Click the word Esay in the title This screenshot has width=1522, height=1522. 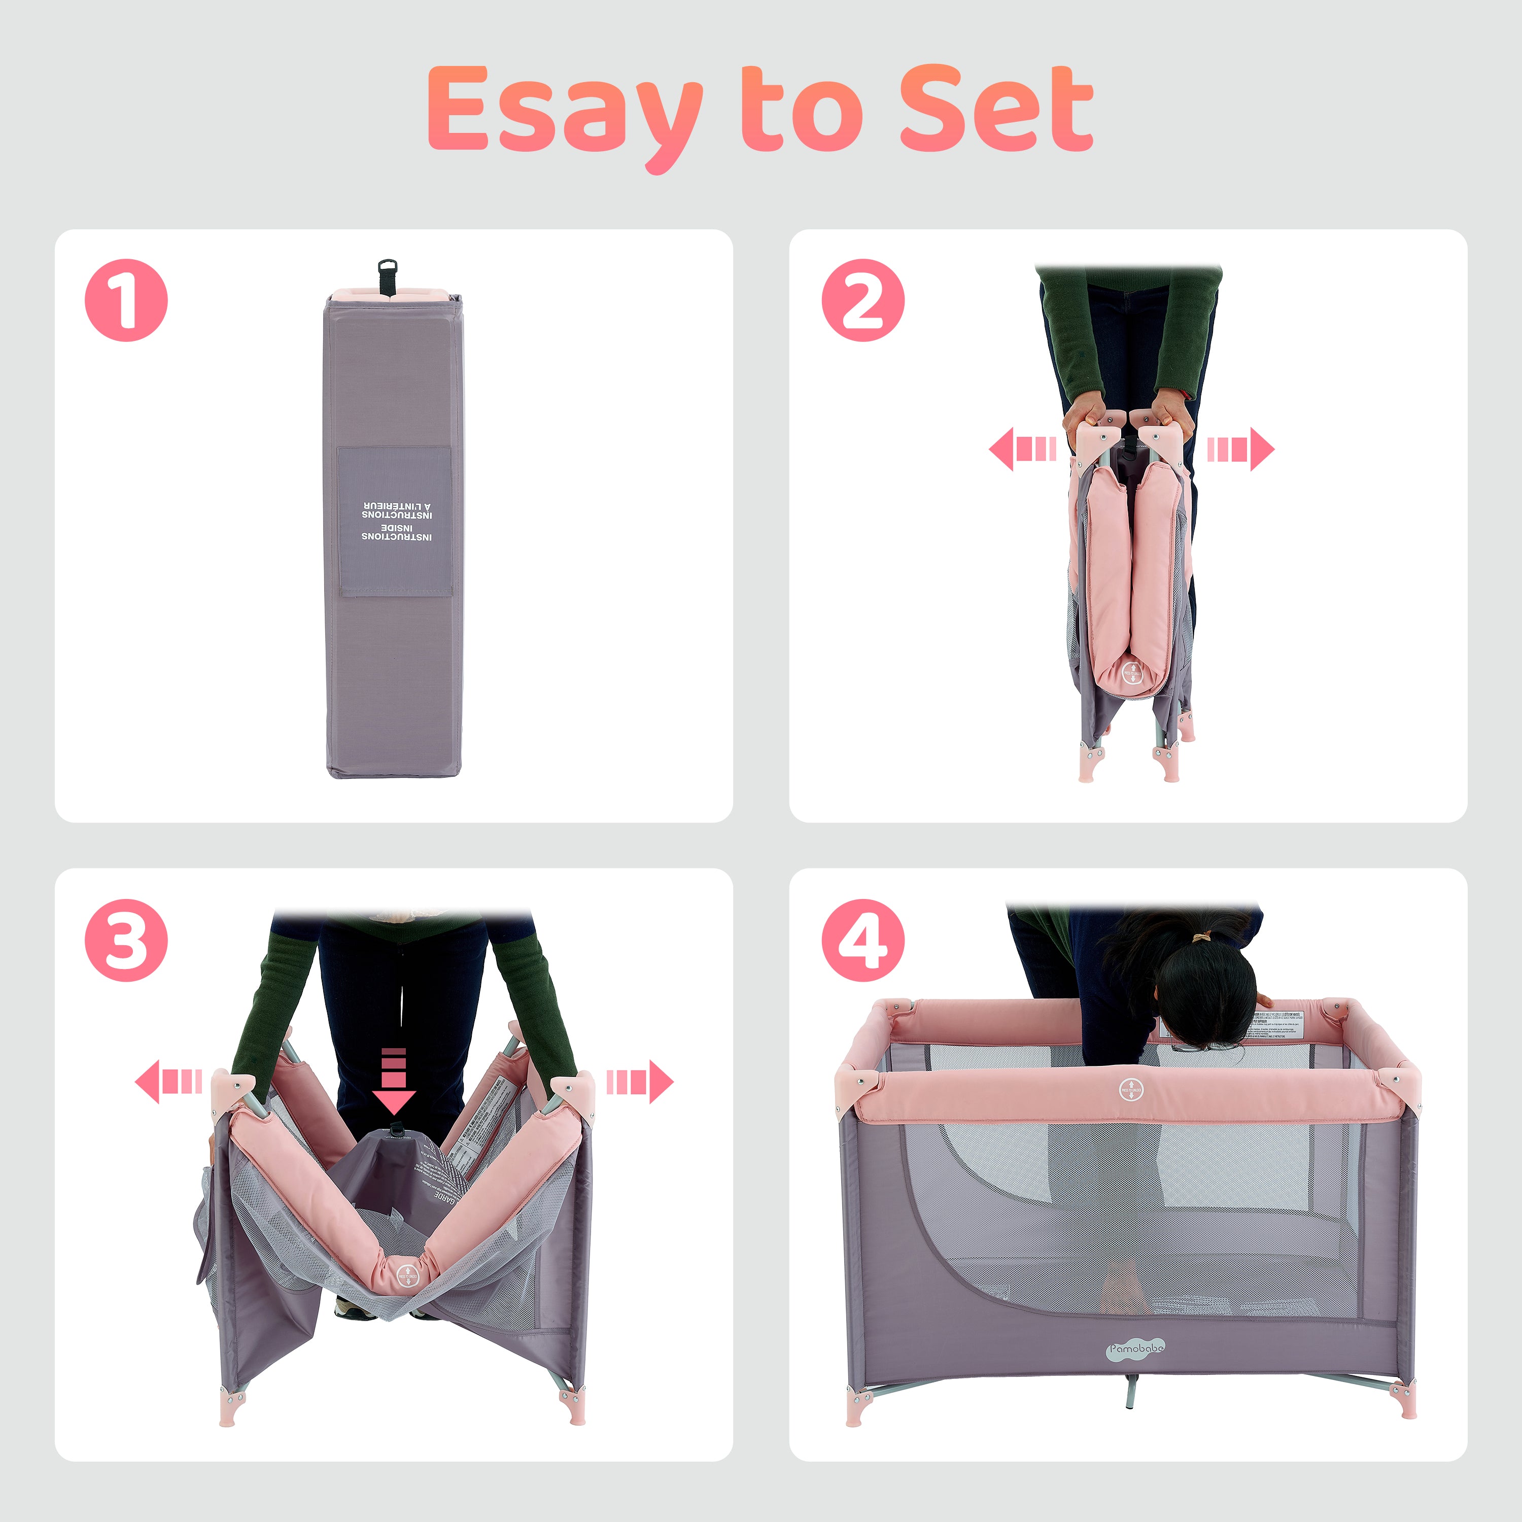coord(563,110)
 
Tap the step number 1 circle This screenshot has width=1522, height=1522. coord(126,300)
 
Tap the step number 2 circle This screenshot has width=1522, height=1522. coord(862,300)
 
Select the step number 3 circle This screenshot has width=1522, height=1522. coord(126,940)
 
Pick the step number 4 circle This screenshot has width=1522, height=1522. coord(862,940)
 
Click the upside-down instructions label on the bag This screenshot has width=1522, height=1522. coord(396,521)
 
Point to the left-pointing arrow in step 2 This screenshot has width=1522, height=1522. coord(1021,449)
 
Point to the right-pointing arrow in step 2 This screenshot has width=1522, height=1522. coord(1241,449)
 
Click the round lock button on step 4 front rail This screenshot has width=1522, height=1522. coord(1130,1090)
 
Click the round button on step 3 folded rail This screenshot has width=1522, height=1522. coord(406,1277)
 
